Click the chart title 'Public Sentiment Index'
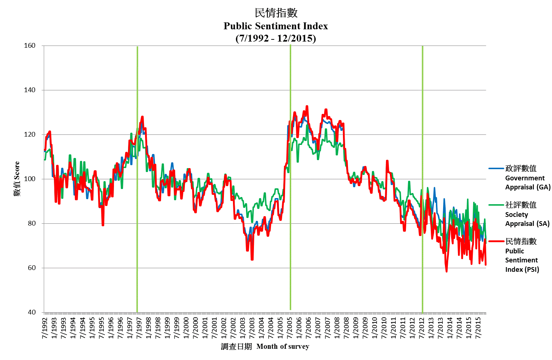click(276, 26)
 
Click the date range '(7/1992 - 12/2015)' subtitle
click(276, 38)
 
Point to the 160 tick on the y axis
click(30, 46)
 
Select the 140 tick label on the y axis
click(30, 90)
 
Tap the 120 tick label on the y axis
click(30, 134)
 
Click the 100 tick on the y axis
click(30, 179)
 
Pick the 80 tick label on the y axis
click(31, 223)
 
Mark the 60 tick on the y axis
click(31, 268)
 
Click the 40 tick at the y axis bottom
click(31, 312)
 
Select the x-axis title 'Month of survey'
click(283, 347)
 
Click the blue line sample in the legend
click(496, 168)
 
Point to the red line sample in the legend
click(496, 241)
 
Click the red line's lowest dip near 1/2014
click(447, 271)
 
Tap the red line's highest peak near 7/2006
click(307, 106)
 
